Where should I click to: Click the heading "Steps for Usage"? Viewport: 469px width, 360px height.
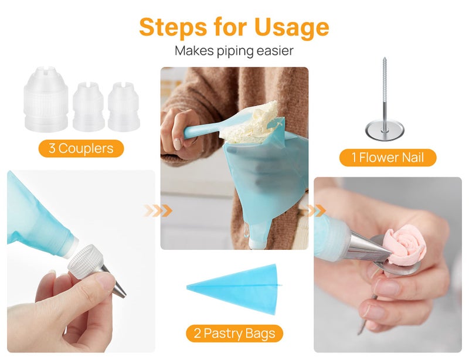tap(234, 26)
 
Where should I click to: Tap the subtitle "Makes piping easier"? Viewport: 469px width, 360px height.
tap(234, 51)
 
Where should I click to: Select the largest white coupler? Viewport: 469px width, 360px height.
tap(45, 99)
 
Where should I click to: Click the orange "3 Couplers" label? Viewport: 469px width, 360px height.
tap(81, 148)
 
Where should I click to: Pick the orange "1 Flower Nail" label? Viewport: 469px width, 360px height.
tap(388, 157)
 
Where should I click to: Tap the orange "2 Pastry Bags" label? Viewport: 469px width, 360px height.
tap(235, 334)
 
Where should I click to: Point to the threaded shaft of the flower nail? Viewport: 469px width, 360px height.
tap(384, 88)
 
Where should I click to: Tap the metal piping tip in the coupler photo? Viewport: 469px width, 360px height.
tap(118, 284)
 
